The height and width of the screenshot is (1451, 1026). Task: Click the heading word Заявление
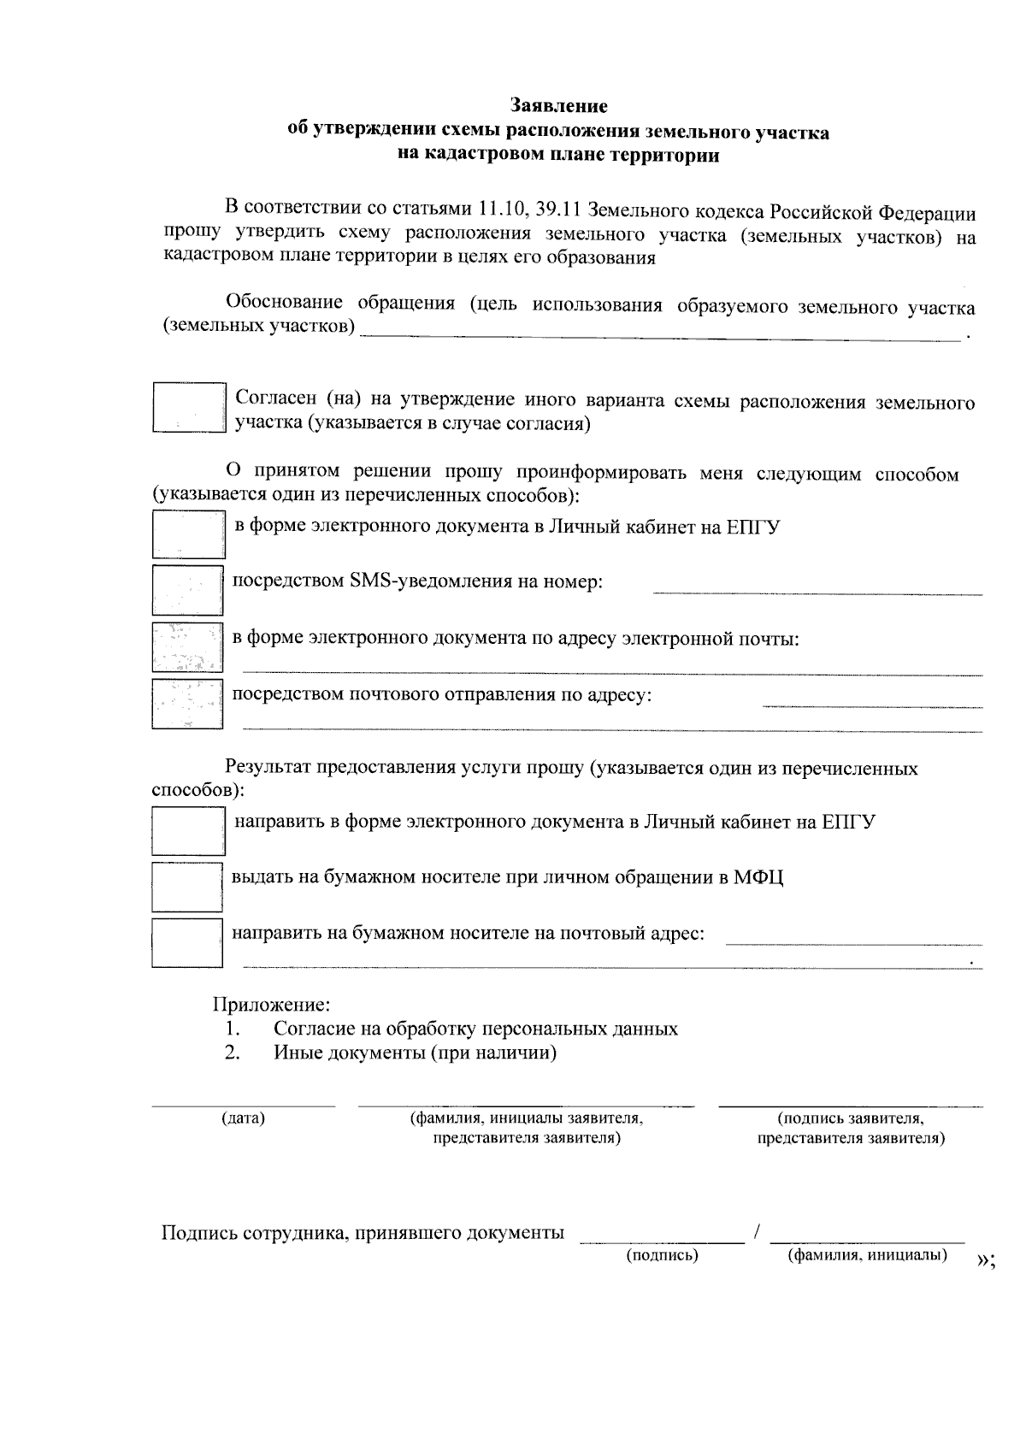pyautogui.click(x=559, y=106)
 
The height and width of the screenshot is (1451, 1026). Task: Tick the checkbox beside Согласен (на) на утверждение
pyautogui.click(x=188, y=407)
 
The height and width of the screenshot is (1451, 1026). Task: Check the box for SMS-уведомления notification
pyautogui.click(x=187, y=589)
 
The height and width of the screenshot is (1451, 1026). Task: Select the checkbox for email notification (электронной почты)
pyautogui.click(x=187, y=646)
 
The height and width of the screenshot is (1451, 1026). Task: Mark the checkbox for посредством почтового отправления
pyautogui.click(x=187, y=703)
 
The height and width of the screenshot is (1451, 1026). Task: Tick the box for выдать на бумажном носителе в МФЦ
pyautogui.click(x=187, y=887)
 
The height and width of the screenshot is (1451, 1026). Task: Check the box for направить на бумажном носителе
pyautogui.click(x=187, y=942)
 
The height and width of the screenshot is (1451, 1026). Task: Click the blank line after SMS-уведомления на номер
pyautogui.click(x=817, y=592)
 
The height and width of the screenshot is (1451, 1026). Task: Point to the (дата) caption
pyautogui.click(x=243, y=1118)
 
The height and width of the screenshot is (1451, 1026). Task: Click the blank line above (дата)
pyautogui.click(x=243, y=1105)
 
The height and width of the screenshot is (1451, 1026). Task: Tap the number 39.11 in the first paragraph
pyautogui.click(x=560, y=209)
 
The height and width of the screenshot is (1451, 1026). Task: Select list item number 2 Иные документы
pyautogui.click(x=415, y=1053)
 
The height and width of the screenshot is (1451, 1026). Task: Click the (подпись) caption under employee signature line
pyautogui.click(x=663, y=1255)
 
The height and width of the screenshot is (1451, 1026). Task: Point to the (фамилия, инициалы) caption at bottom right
pyautogui.click(x=867, y=1255)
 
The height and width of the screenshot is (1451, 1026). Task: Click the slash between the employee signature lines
pyautogui.click(x=758, y=1232)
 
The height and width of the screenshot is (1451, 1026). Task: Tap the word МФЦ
pyautogui.click(x=758, y=877)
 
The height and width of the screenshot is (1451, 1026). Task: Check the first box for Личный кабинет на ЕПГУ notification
pyautogui.click(x=188, y=534)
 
